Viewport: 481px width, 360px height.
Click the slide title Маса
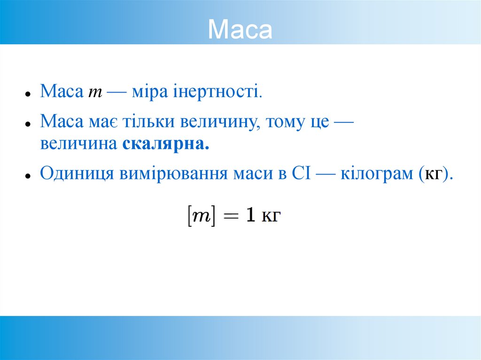240,30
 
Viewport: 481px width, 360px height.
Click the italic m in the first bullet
95,91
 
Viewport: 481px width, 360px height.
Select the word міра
147,91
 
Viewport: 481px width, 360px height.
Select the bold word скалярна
166,144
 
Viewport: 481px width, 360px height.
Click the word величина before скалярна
78,144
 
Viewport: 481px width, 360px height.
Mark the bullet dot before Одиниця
28,176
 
